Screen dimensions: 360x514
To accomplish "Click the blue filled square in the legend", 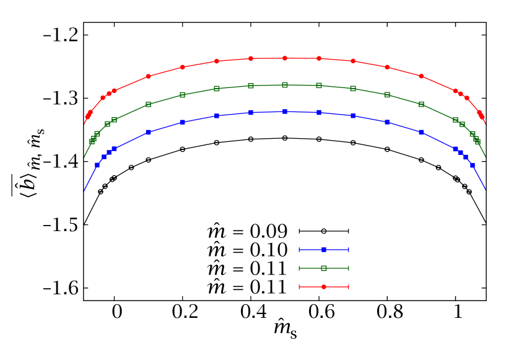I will pos(324,250).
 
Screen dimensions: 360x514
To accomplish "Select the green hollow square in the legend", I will pos(324,268).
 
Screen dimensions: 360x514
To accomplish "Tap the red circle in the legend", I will pos(324,287).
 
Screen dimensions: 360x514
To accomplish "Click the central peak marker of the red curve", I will pos(285,58).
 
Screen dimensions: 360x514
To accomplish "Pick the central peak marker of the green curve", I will pos(285,85).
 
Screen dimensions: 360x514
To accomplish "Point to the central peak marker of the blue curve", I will pos(285,112).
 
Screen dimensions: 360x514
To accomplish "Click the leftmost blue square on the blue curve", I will pos(97,165).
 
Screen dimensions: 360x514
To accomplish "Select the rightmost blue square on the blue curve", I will pos(473,165).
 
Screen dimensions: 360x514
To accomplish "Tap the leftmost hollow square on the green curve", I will pos(92,142).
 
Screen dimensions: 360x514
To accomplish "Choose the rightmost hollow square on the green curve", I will pos(477,142).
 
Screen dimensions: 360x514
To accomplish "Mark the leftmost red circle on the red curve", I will pos(88,116).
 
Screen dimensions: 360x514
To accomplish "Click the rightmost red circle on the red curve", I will pos(482,116).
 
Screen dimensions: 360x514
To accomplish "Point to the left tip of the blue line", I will pos(84,191).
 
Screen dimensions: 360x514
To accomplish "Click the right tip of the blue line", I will pos(486,190).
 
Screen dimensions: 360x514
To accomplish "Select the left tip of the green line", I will pos(84,157).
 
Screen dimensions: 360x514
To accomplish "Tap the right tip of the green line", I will pos(486,157).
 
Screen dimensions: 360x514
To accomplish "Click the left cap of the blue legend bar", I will pos(299,250).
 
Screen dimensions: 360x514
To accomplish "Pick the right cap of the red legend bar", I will pos(349,287).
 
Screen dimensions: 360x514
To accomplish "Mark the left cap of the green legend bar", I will pos(299,268).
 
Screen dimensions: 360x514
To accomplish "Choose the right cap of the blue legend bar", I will pos(349,250).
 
